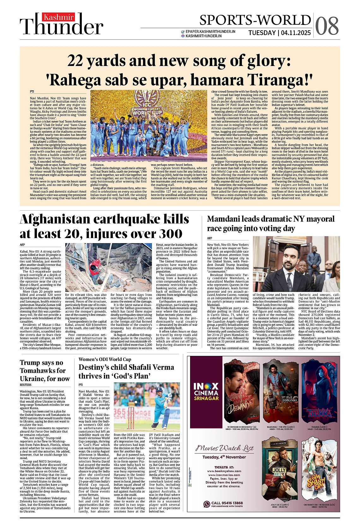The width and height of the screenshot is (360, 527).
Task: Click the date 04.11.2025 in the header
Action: tap(296, 33)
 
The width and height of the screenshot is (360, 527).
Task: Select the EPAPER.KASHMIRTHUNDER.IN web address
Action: tap(210, 32)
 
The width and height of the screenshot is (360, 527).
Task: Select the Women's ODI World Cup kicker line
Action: tap(105, 359)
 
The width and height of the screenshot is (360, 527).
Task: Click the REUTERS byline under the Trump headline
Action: tap(26, 385)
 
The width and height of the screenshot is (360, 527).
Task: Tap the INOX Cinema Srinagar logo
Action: tap(206, 392)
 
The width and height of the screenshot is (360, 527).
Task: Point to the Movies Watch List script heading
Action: tap(225, 448)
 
